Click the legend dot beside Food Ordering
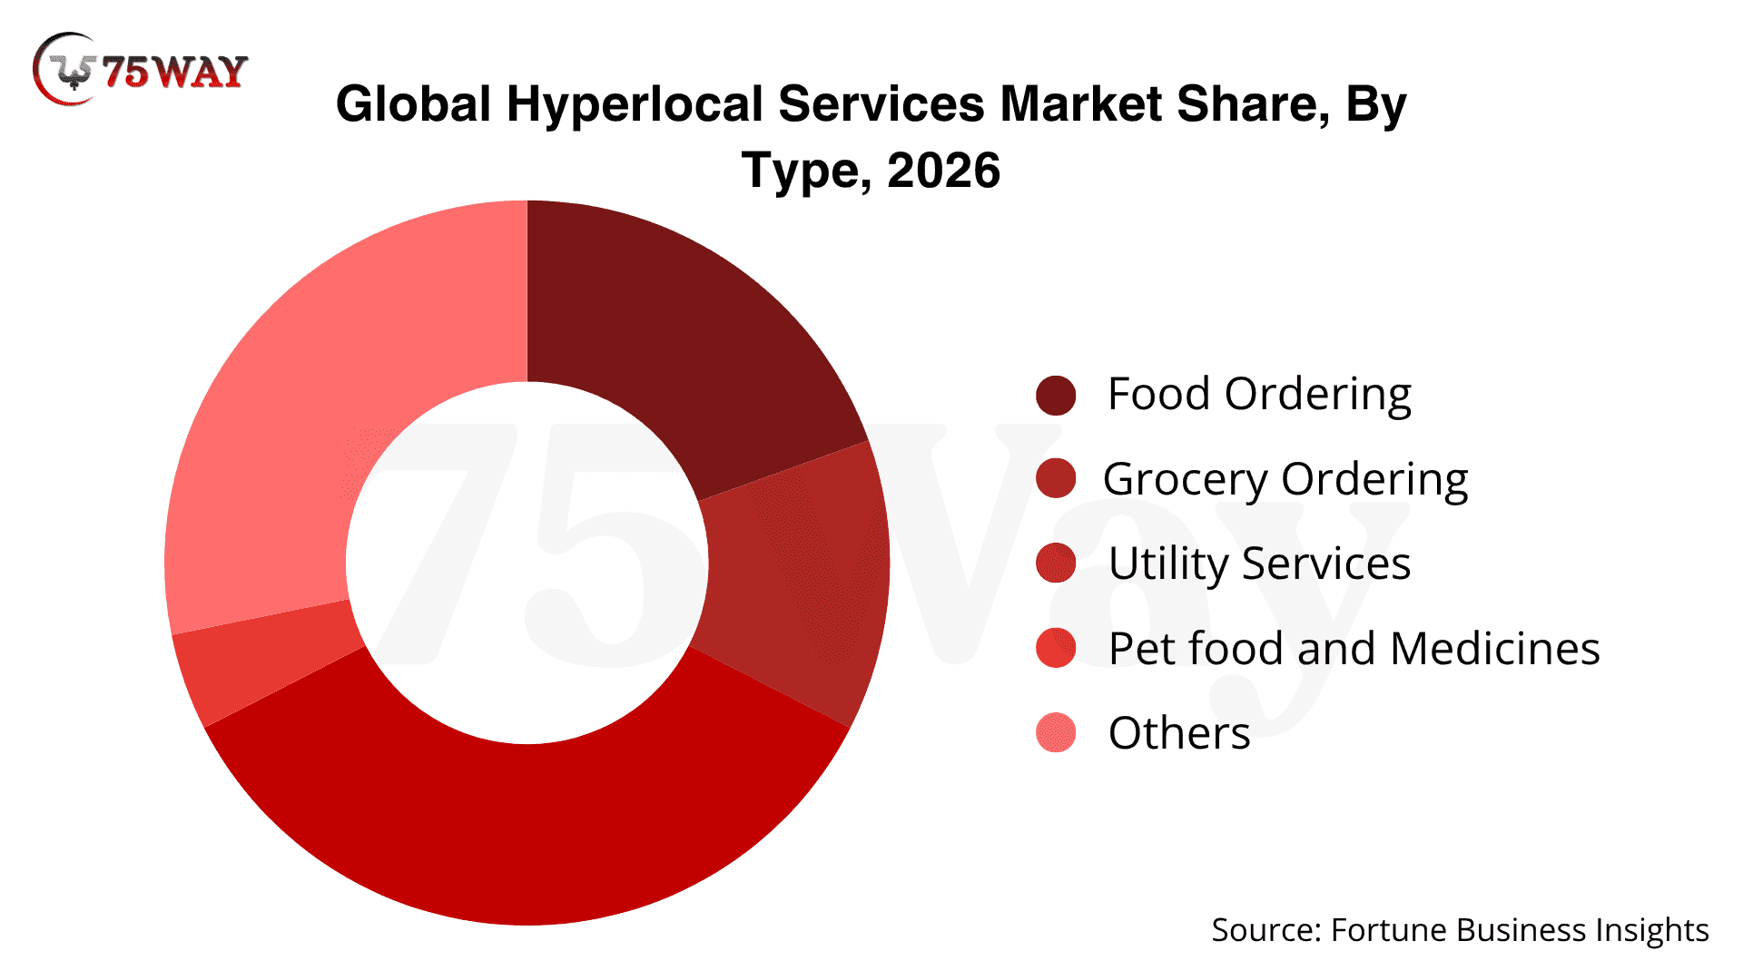(x=1056, y=396)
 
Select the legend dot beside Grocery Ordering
(x=1056, y=479)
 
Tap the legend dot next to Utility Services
(x=1056, y=563)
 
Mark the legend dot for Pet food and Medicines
(x=1056, y=648)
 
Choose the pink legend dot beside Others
(x=1056, y=733)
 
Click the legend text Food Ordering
(x=1259, y=395)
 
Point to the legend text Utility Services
(x=1259, y=563)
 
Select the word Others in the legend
(x=1179, y=733)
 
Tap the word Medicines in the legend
(x=1494, y=649)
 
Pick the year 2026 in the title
(x=944, y=171)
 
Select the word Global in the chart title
(x=413, y=103)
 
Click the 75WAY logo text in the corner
(x=174, y=71)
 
